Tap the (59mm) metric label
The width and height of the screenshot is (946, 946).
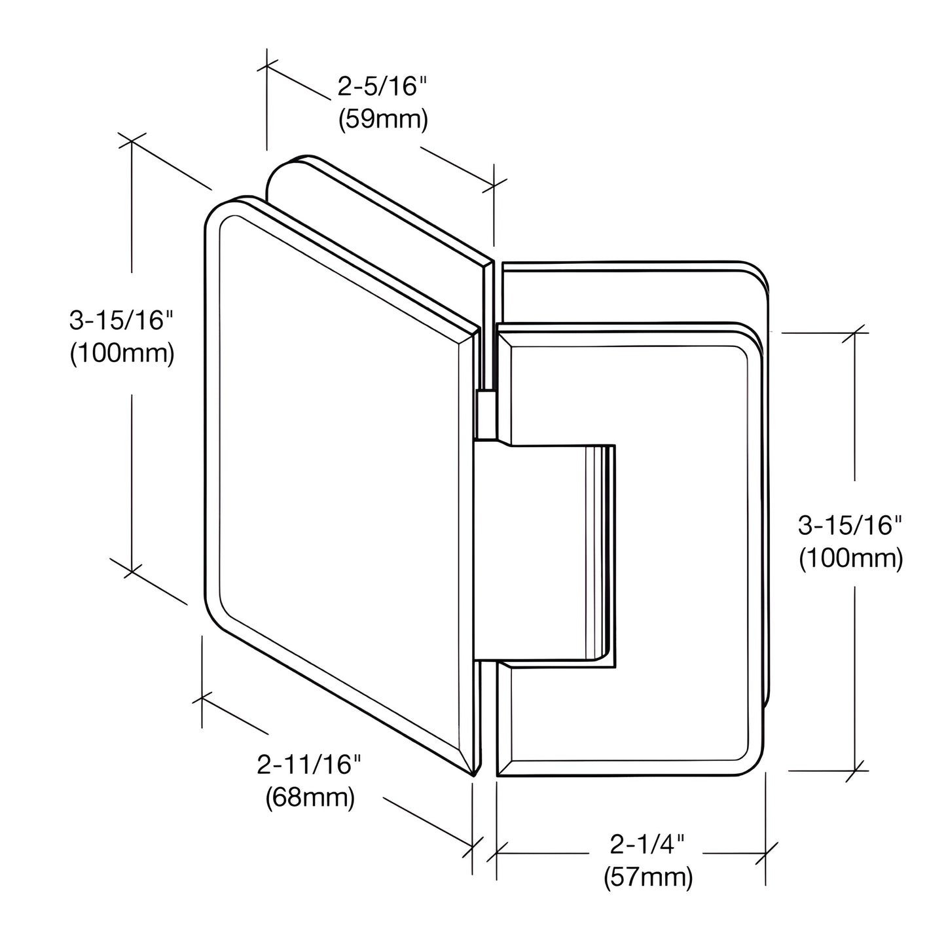pyautogui.click(x=383, y=120)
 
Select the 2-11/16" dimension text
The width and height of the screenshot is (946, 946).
pyautogui.click(x=310, y=764)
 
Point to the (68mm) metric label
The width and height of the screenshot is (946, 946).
pyautogui.click(x=310, y=797)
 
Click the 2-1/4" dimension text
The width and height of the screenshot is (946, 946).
pyautogui.click(x=647, y=845)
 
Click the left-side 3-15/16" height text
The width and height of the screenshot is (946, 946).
pyautogui.click(x=122, y=320)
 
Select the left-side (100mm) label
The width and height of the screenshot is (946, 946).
pyautogui.click(x=122, y=354)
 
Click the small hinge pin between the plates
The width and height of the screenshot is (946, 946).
pyautogui.click(x=486, y=414)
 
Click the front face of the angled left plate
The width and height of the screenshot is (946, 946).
pyautogui.click(x=340, y=458)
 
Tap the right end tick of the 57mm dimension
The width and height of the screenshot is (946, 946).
pyautogui.click(x=766, y=853)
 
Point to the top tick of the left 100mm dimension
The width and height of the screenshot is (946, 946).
pyautogui.click(x=132, y=141)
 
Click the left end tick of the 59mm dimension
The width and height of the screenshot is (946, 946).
pyautogui.click(x=266, y=65)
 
